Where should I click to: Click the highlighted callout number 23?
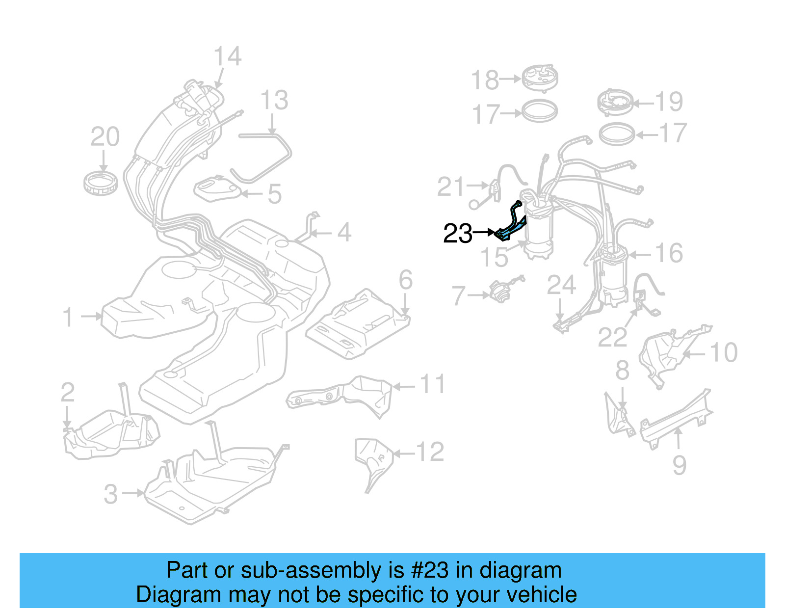(x=457, y=234)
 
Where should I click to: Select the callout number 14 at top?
(x=228, y=56)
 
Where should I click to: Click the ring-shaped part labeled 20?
(x=101, y=183)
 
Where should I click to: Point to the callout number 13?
(x=274, y=101)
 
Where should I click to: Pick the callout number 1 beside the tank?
(x=68, y=317)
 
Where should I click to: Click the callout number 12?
(x=430, y=452)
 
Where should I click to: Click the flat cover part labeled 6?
(x=358, y=324)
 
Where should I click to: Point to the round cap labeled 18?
(x=540, y=78)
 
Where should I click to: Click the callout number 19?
(x=669, y=102)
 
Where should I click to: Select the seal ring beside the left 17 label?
(x=539, y=111)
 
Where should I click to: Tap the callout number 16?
(x=669, y=253)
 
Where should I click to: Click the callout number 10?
(x=723, y=352)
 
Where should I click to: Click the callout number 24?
(x=561, y=285)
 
